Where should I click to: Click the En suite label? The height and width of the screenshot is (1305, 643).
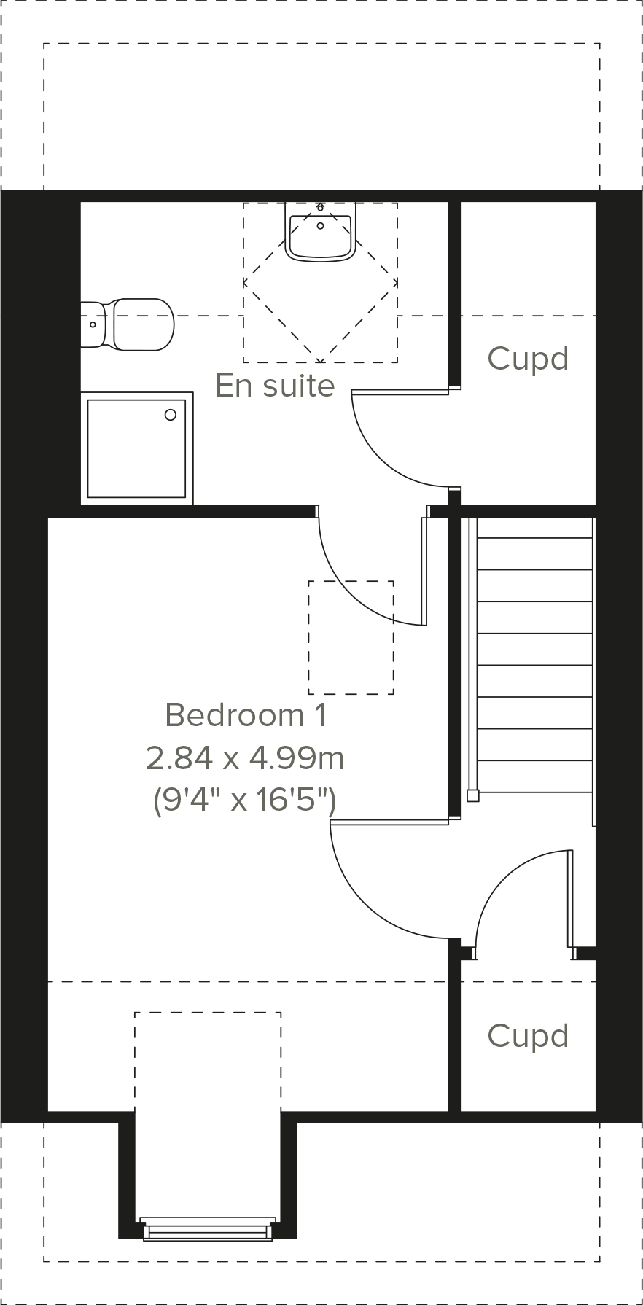275,386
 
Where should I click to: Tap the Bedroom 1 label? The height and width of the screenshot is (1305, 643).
245,715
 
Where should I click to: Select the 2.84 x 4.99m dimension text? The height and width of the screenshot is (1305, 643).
245,758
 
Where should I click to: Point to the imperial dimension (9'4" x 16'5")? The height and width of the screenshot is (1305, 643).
245,800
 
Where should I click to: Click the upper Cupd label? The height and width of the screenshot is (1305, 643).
528,359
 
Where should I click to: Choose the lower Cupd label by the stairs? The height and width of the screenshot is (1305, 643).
528,1036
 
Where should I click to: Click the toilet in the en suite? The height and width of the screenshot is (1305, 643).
139,324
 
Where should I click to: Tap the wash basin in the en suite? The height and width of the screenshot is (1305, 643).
320,233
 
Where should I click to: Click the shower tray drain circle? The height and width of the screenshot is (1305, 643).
171,415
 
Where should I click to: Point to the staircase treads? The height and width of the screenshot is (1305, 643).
534,649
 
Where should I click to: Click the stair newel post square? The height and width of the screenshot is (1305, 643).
472,795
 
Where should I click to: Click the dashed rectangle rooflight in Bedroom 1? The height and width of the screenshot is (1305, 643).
351,637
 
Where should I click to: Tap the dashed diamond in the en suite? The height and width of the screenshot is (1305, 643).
320,283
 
